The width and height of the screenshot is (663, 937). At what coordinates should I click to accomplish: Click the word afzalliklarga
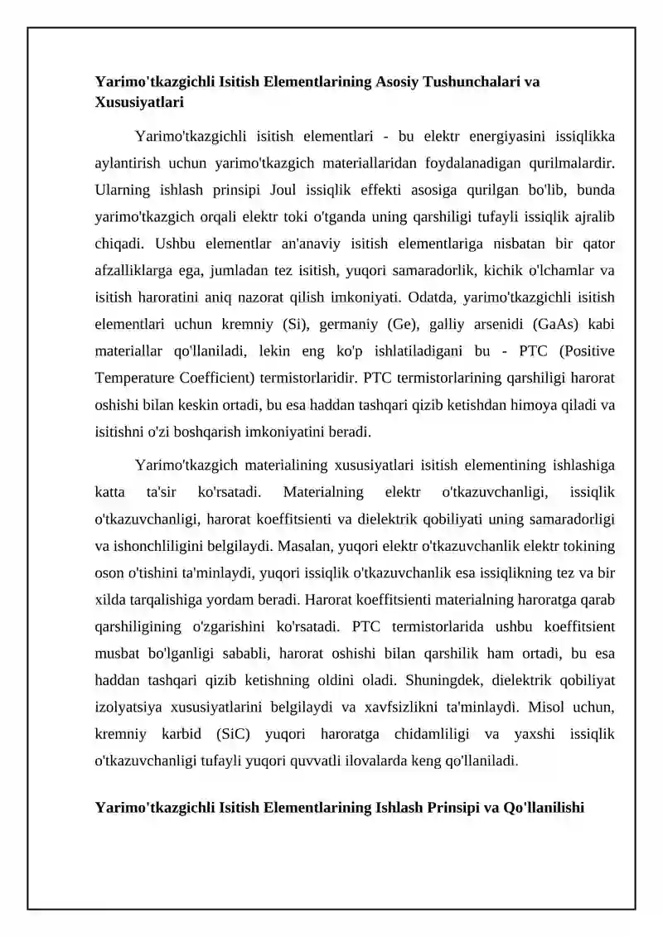134,271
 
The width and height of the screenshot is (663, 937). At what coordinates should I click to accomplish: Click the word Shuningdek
441,681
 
